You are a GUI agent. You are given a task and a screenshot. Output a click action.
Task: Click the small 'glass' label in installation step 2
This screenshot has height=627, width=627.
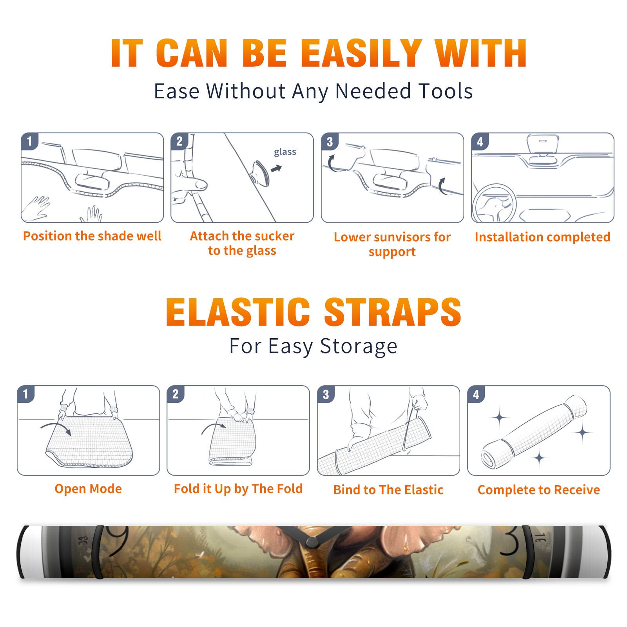point(285,152)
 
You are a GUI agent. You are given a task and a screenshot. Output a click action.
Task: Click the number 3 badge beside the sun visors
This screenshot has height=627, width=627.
point(330,141)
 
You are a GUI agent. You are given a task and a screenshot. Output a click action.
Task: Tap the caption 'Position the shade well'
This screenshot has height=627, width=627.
point(92,236)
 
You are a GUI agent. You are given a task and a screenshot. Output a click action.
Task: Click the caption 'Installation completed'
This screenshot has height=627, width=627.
point(542,237)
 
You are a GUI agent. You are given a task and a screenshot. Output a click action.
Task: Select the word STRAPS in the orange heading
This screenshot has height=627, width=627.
point(393,312)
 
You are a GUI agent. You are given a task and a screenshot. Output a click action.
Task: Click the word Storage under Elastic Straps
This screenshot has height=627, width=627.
point(359,346)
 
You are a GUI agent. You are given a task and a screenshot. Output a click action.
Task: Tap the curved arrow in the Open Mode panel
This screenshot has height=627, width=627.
point(56,428)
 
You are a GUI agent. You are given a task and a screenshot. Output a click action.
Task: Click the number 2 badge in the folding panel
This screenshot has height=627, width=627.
point(176,394)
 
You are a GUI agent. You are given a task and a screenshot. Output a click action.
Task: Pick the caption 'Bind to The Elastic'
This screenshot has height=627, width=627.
point(388,490)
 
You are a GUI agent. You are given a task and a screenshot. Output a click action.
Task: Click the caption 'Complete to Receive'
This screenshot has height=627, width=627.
point(538,490)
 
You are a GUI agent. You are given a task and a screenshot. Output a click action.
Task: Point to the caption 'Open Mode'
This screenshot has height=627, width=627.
point(88,489)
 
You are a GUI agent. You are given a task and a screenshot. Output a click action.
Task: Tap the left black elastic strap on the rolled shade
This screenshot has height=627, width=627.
point(98,552)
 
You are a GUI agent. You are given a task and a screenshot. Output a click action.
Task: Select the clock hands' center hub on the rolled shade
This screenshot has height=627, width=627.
point(312,542)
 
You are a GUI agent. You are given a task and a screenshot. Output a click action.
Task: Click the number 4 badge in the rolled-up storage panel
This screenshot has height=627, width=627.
point(476,394)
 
